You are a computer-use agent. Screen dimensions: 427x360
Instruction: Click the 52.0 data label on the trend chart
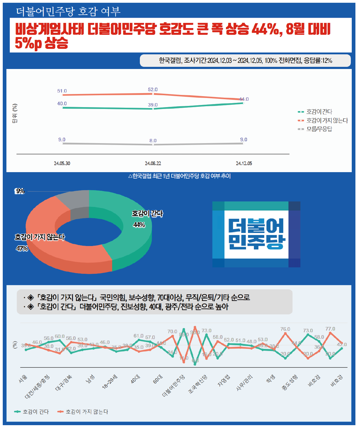coord(153,89)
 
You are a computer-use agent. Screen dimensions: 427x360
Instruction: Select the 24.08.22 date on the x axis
coord(153,163)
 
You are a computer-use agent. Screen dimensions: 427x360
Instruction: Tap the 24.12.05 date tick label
coord(244,163)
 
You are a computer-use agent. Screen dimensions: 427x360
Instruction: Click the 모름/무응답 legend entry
coord(319,129)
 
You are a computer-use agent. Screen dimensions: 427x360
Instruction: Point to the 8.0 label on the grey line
coord(153,140)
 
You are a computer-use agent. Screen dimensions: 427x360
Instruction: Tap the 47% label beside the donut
coord(22,248)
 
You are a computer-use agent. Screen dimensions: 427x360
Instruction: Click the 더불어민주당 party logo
coord(256,234)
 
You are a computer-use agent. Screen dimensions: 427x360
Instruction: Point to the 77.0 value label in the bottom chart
coord(330,329)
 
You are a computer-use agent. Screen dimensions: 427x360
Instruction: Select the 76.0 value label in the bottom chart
coord(285,329)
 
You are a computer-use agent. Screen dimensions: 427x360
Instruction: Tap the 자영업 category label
coord(224,381)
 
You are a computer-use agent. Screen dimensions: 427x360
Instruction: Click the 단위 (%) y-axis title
coord(15,113)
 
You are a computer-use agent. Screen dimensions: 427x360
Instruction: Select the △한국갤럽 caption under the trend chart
coord(180,176)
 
